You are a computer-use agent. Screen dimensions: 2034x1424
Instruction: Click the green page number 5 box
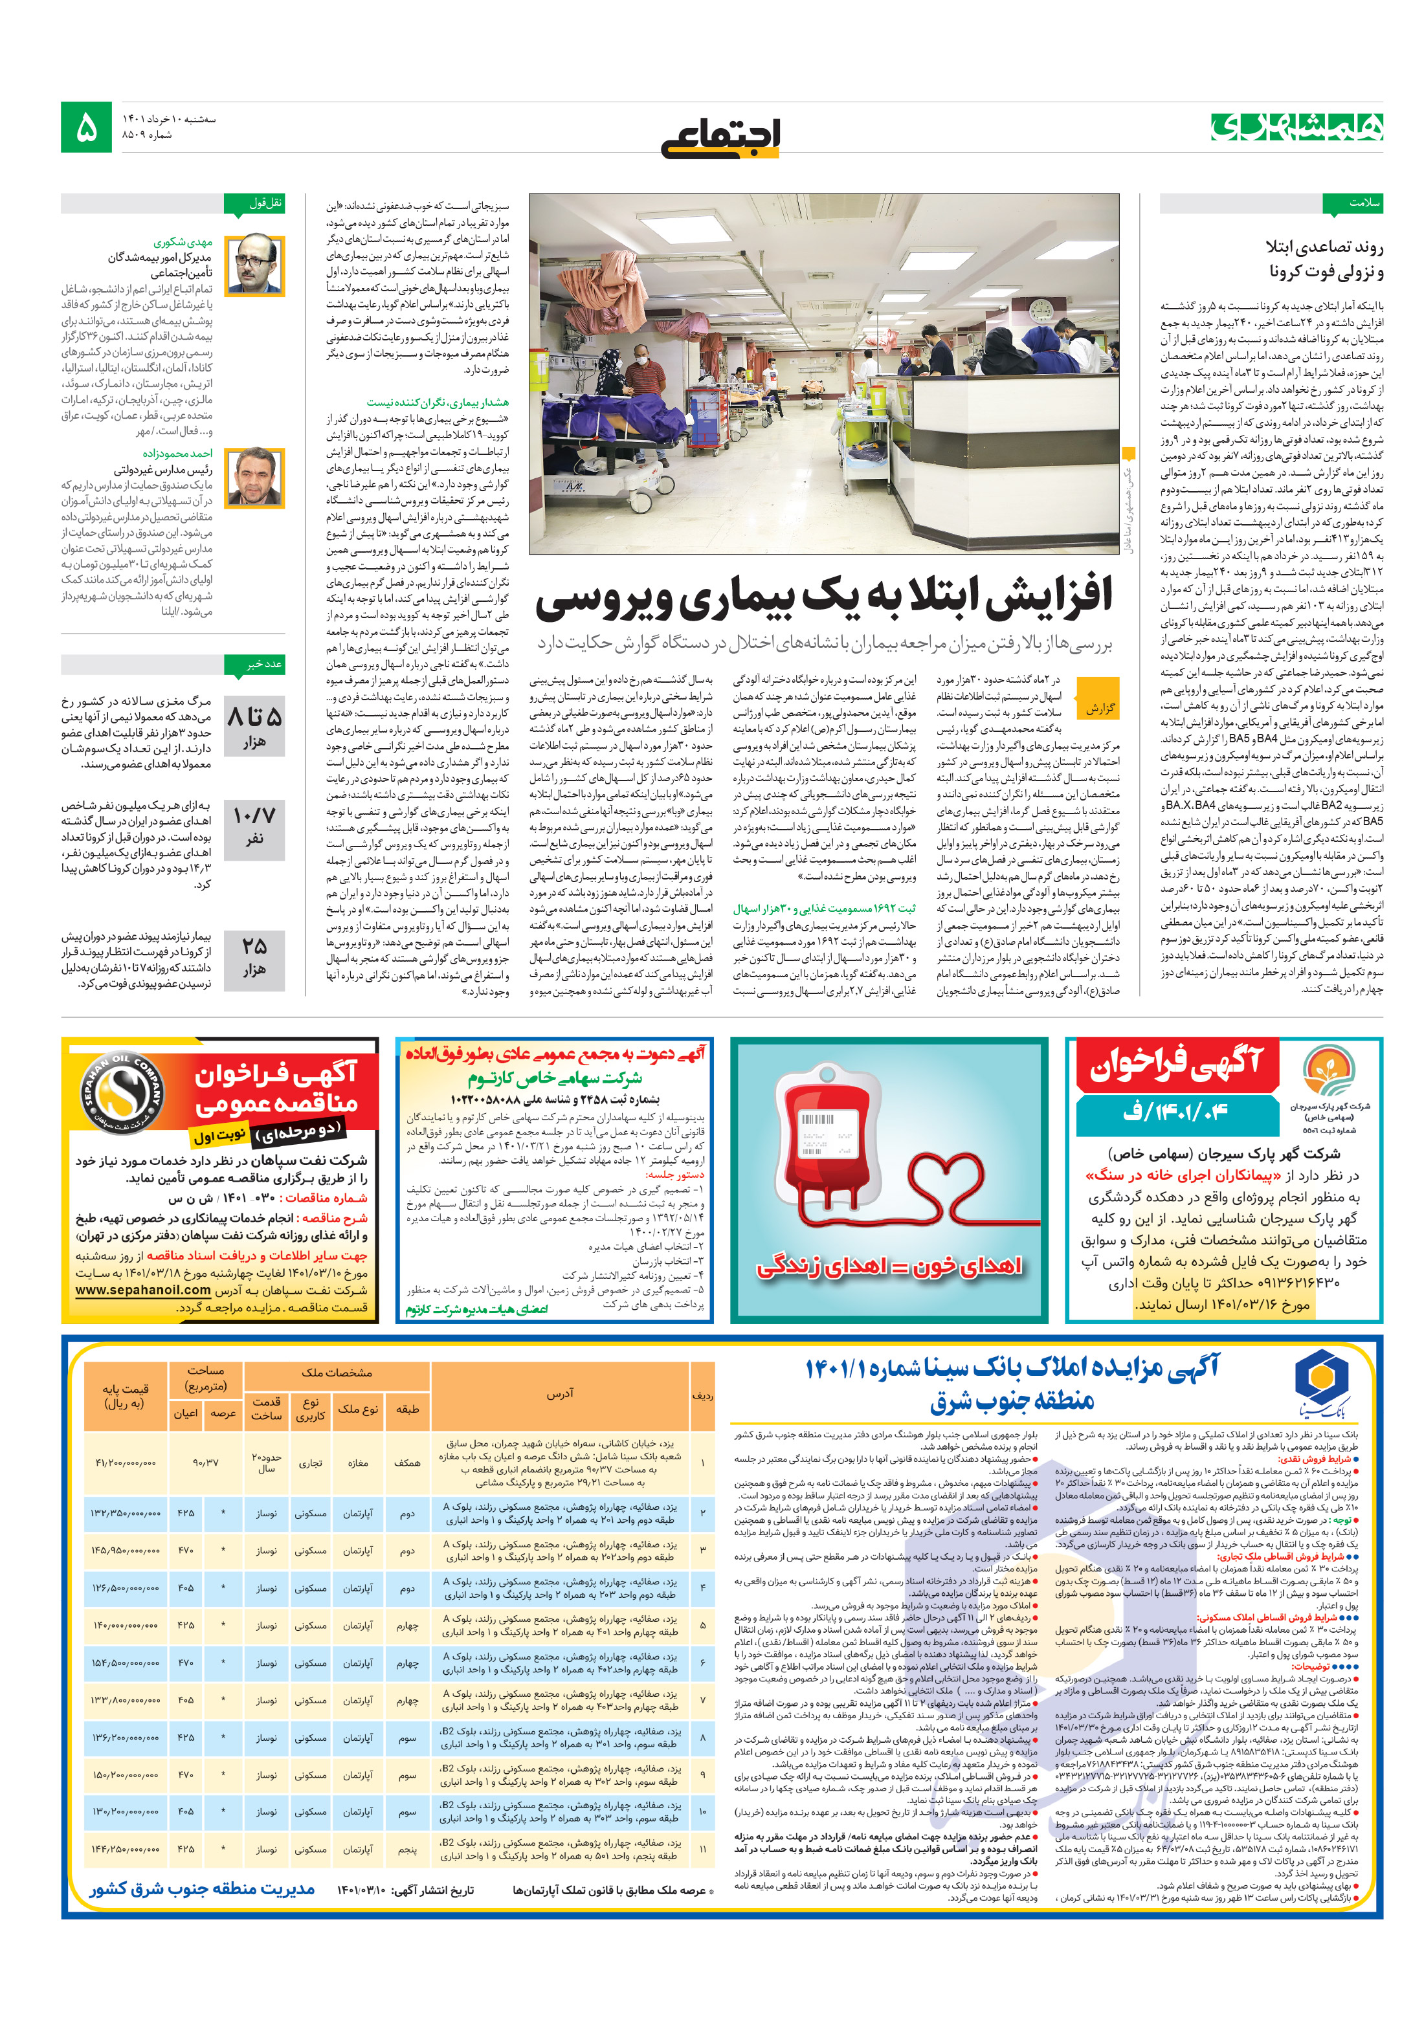point(86,127)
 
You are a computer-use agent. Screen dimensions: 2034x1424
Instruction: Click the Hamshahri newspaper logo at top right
point(1296,127)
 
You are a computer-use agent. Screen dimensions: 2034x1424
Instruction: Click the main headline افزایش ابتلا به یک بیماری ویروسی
point(823,599)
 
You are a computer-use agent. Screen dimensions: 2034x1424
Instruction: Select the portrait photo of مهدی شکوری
point(255,265)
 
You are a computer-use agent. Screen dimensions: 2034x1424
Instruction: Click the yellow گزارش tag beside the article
point(1099,708)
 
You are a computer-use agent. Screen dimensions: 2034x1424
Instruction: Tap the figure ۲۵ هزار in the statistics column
point(254,956)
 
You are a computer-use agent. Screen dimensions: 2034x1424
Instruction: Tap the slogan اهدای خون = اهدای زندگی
point(888,1268)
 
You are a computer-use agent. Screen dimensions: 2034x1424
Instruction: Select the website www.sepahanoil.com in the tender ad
point(144,1290)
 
